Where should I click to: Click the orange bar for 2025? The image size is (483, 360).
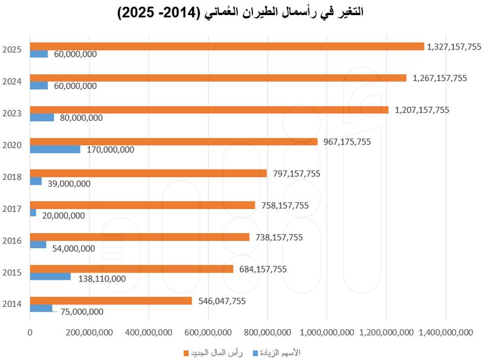coord(227,47)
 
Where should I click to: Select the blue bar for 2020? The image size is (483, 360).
coord(55,149)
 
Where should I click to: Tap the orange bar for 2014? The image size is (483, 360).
coord(111,301)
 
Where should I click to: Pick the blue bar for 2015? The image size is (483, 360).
coord(50,277)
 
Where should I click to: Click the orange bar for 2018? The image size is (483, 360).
coord(149,173)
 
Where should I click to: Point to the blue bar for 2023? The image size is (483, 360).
coord(42,117)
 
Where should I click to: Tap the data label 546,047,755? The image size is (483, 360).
coord(222,300)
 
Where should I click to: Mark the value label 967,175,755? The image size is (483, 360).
coord(347,141)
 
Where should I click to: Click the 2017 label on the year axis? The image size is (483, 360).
coord(11,209)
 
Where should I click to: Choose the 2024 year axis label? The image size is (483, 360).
coord(11,82)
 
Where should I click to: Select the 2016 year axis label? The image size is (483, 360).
coord(11,241)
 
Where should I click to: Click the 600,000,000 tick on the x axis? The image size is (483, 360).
coord(208,331)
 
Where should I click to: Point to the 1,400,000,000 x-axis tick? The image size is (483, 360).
coord(446,331)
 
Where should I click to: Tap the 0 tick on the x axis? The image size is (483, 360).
coord(30,331)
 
